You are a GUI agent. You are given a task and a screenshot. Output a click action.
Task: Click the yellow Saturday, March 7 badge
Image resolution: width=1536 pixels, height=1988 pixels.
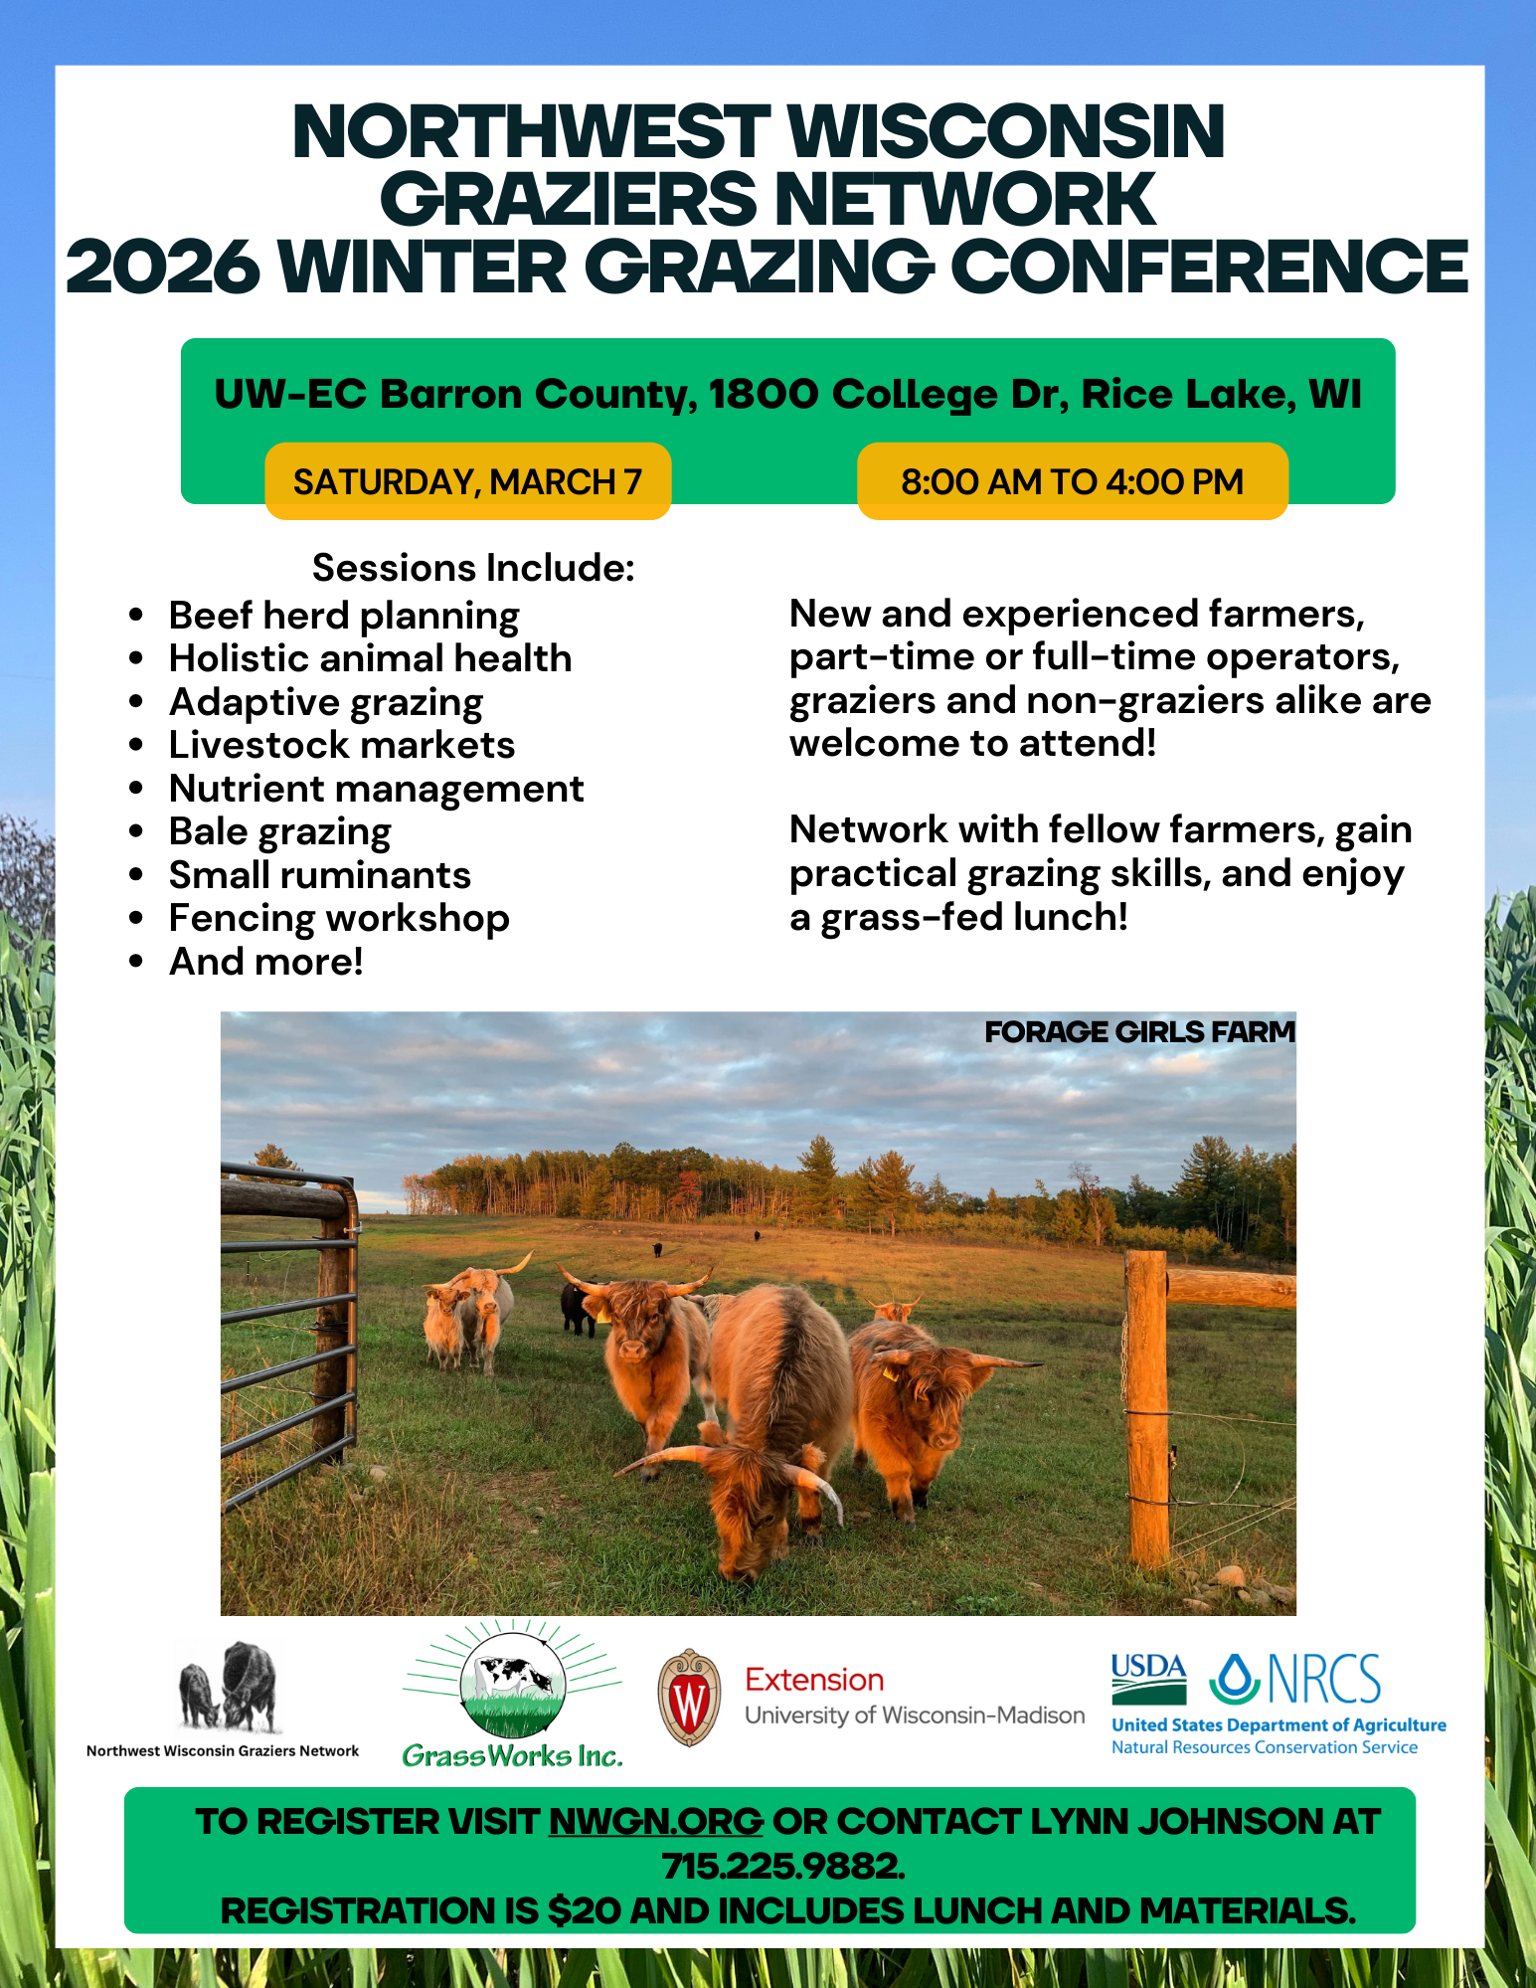click(x=467, y=481)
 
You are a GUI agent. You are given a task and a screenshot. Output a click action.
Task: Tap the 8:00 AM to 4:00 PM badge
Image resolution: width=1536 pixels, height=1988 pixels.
click(x=1072, y=481)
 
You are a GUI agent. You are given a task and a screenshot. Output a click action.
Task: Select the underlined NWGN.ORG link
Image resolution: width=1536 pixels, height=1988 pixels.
click(x=656, y=1821)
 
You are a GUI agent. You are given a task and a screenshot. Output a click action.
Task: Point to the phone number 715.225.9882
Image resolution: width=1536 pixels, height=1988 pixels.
click(x=783, y=1866)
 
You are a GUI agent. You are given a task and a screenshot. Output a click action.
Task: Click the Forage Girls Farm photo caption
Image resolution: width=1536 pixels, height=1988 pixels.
click(x=1139, y=1032)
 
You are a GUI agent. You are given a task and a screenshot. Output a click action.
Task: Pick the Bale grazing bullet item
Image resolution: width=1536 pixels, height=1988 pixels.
click(x=279, y=831)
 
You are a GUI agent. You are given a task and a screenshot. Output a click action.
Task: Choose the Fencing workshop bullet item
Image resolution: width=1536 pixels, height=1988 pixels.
click(x=339, y=918)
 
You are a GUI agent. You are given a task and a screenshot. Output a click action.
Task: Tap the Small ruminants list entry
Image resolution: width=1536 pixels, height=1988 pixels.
click(x=319, y=875)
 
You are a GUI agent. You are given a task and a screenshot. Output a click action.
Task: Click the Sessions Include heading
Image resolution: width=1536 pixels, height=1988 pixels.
click(x=473, y=568)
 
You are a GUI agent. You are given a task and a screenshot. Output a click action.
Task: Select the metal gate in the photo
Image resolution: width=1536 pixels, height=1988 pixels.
click(x=288, y=1313)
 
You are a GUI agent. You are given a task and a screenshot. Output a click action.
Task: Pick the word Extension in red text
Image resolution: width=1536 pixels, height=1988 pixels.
click(x=814, y=1680)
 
